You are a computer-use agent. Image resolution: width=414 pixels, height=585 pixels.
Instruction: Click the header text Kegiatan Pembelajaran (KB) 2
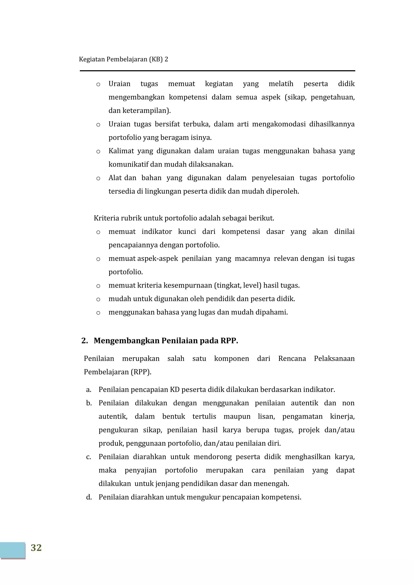tap(124, 59)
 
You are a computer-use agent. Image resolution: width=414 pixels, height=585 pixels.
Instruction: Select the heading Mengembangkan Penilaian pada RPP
tap(166, 341)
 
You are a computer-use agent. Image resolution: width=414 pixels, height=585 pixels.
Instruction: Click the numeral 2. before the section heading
tap(84, 341)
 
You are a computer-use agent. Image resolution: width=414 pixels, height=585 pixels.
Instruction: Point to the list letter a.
tap(89, 390)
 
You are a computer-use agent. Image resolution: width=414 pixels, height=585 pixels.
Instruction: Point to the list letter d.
tap(89, 497)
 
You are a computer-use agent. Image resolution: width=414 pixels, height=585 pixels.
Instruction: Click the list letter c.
tap(89, 457)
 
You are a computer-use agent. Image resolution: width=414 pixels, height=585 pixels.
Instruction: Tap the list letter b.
tap(89, 403)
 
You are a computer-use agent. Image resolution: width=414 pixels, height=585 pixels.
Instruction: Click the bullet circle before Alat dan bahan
tap(98, 178)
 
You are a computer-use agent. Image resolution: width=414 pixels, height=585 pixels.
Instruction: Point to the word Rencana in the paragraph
tap(292, 358)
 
